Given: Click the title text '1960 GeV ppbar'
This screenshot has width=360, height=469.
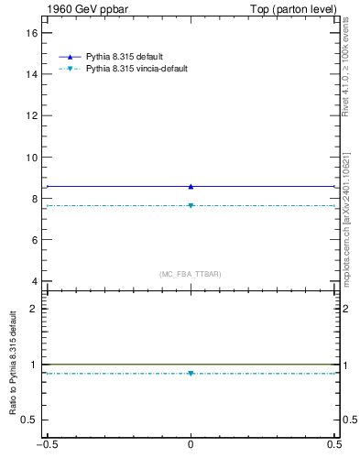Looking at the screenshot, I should tap(78, 9).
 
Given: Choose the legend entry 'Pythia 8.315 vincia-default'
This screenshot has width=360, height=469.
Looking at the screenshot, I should tap(137, 69).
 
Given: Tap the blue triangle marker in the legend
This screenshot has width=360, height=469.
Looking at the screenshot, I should tap(70, 57).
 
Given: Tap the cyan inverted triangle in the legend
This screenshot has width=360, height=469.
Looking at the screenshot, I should tap(70, 69).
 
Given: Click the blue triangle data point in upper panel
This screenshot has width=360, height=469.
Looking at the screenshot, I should tap(191, 186).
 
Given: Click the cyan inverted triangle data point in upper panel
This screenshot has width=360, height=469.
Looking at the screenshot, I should tap(191, 205).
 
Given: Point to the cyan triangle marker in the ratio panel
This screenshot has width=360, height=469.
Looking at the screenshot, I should tap(191, 373).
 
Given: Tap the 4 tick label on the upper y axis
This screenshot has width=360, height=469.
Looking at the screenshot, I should tap(34, 281).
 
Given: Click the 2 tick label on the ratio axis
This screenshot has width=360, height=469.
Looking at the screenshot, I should tap(34, 309).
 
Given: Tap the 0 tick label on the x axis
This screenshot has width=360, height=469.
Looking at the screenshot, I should tap(191, 446).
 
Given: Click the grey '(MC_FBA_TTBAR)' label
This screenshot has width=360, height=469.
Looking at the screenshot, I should tap(191, 274).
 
